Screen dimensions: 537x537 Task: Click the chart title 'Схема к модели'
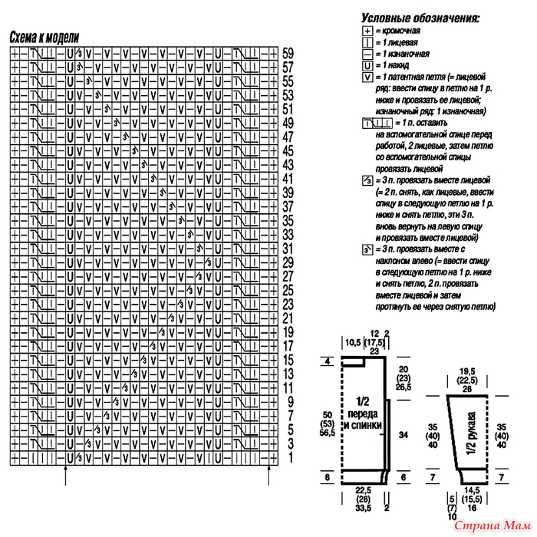[44, 37]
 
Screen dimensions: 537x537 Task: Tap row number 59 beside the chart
[288, 54]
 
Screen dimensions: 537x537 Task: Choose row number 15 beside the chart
[288, 359]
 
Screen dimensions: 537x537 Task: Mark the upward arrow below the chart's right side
[269, 476]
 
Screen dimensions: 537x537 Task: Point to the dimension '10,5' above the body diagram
[353, 341]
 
